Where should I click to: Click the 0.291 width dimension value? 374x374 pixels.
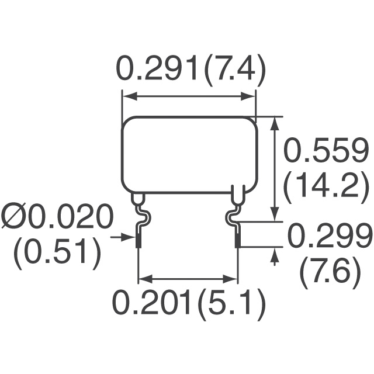(x=157, y=68)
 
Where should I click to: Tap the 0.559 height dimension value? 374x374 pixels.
(x=325, y=150)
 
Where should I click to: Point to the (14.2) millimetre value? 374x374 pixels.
(x=325, y=188)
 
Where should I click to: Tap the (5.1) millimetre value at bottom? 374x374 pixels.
(x=233, y=305)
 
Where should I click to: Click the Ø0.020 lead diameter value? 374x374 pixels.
(x=57, y=217)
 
